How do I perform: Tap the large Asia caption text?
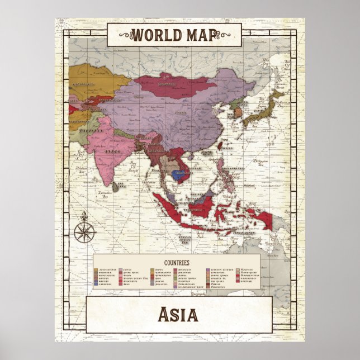tap(179, 315)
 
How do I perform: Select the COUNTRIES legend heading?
tap(177, 262)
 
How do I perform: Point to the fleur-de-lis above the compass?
tap(86, 216)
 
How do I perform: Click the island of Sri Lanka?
tap(116, 187)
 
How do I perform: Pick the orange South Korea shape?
tap(238, 112)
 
